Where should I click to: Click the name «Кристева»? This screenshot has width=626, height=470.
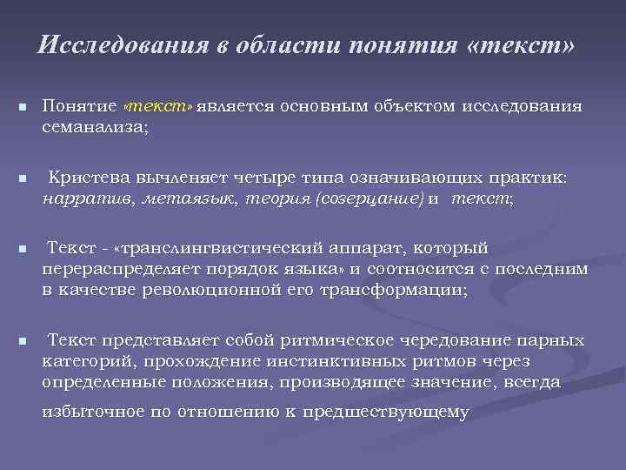click(89, 178)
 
